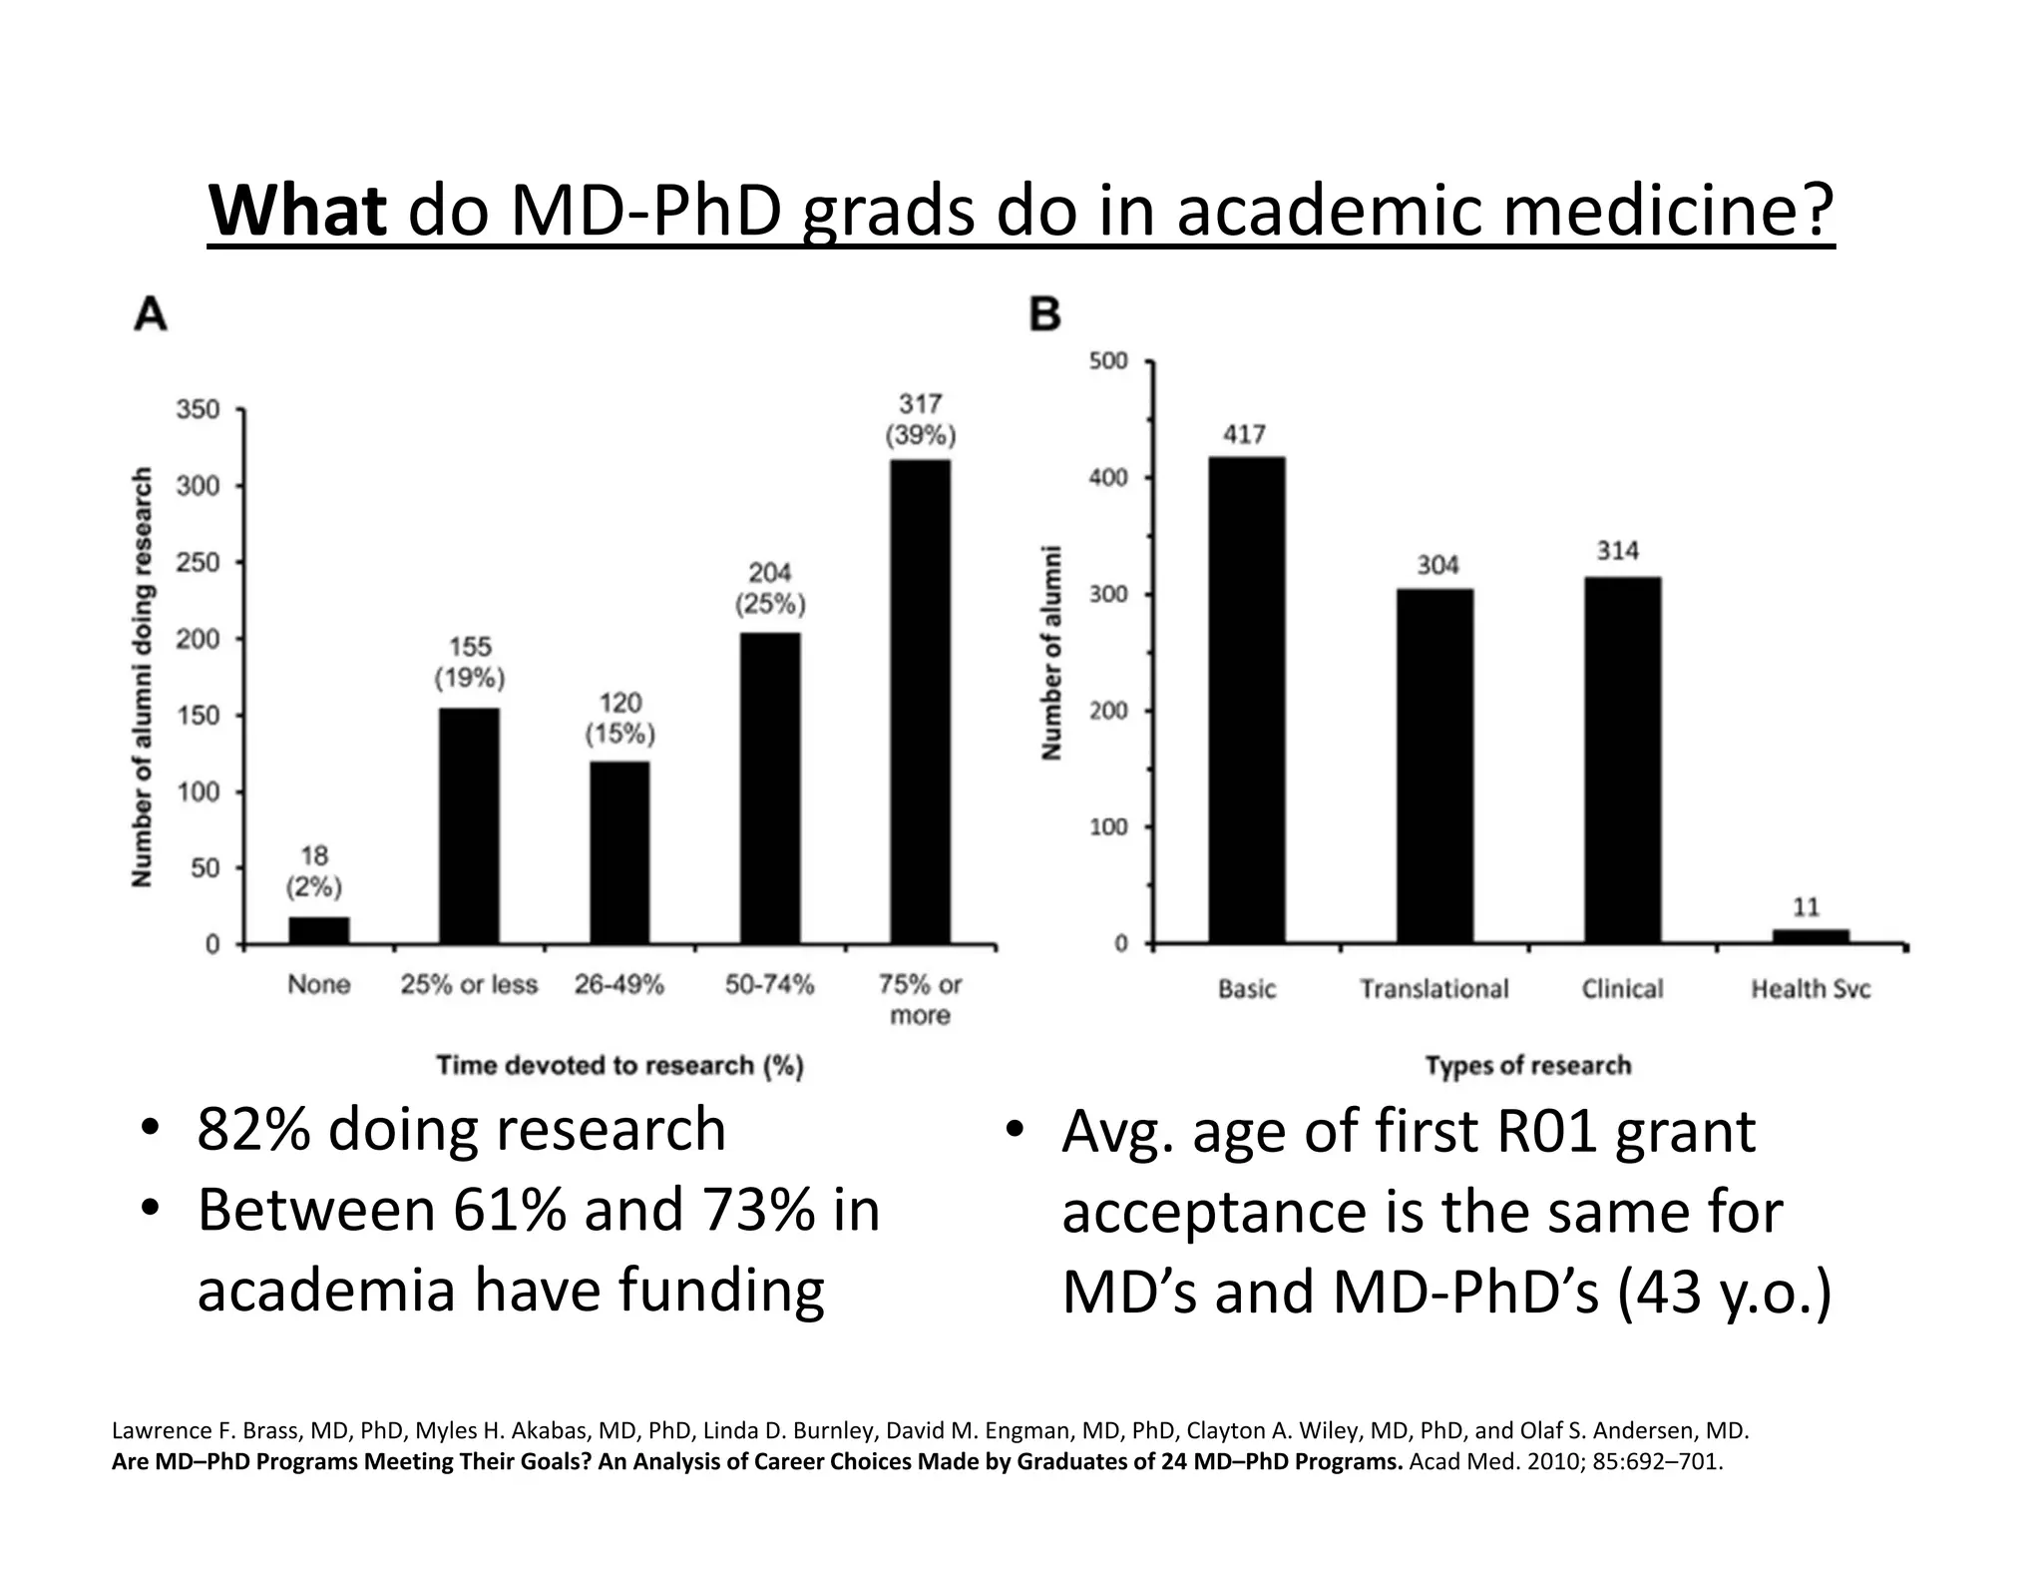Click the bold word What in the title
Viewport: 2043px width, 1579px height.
click(297, 211)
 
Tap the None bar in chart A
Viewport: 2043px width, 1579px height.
click(319, 929)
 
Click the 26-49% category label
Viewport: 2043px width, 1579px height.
click(618, 985)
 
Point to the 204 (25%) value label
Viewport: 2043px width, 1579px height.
click(770, 588)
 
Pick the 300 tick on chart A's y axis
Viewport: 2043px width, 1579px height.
click(198, 486)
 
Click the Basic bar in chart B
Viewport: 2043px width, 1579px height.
click(1247, 700)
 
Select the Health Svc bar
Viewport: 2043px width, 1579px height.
click(1810, 936)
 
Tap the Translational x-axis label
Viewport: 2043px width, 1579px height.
click(1433, 989)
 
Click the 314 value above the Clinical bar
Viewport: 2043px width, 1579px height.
click(1617, 551)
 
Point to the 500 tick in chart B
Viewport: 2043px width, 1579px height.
click(1108, 360)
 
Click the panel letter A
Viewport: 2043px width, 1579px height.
click(151, 314)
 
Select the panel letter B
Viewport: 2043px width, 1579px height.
click(1044, 314)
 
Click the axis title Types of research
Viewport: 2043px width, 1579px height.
click(1527, 1066)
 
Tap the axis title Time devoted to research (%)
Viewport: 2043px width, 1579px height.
click(619, 1066)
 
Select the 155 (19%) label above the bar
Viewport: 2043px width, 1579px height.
click(469, 663)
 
